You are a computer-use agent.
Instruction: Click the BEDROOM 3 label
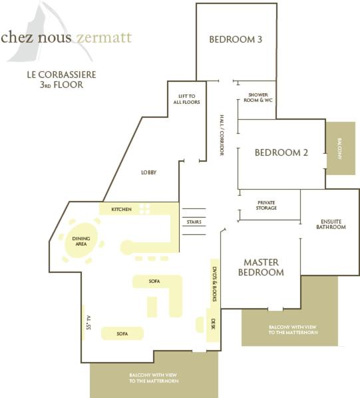(x=236, y=39)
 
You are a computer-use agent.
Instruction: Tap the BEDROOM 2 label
(x=281, y=152)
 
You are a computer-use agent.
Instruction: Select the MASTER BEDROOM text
(x=261, y=268)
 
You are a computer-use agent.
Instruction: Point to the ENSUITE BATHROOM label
(x=331, y=224)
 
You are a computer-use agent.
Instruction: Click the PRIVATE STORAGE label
(x=266, y=206)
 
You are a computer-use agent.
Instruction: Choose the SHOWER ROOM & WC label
(x=258, y=97)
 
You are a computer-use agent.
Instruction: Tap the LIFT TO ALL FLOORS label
(x=187, y=99)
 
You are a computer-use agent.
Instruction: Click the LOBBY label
(x=148, y=172)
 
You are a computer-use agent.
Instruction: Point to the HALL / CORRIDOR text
(x=222, y=135)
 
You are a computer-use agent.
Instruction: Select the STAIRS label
(x=194, y=222)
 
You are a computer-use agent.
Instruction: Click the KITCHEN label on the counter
(x=122, y=209)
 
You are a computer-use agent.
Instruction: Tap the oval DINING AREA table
(x=81, y=240)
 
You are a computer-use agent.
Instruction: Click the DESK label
(x=213, y=324)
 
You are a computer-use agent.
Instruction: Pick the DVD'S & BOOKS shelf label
(x=215, y=284)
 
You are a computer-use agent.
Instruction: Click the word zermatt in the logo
(x=104, y=37)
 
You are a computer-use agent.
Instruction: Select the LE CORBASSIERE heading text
(x=62, y=75)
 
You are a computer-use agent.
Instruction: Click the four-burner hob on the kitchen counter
(x=145, y=208)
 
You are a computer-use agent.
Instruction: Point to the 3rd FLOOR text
(x=61, y=85)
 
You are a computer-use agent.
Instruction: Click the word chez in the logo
(x=17, y=37)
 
